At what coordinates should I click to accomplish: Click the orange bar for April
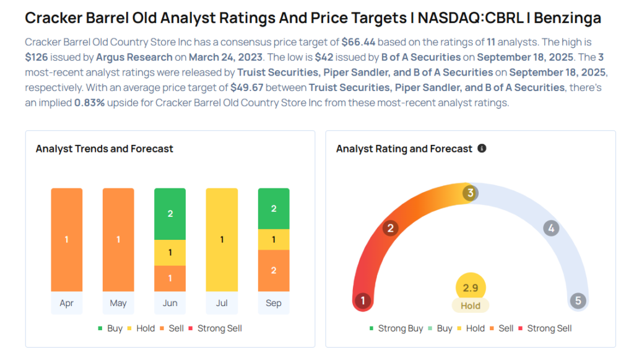(x=66, y=240)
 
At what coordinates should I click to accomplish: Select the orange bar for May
(x=118, y=240)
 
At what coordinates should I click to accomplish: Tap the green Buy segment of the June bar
(x=170, y=214)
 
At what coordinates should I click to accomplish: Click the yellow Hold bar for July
(x=222, y=240)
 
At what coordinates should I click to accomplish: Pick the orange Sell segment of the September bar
(x=273, y=271)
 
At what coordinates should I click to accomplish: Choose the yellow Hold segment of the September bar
(x=273, y=240)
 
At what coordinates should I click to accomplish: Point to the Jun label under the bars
(x=170, y=303)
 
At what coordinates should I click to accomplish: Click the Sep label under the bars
(x=273, y=303)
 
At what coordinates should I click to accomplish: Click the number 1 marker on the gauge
(x=362, y=301)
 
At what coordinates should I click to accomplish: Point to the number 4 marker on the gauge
(x=550, y=228)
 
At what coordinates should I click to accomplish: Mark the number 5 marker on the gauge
(x=578, y=301)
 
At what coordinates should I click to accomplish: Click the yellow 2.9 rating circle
(x=471, y=288)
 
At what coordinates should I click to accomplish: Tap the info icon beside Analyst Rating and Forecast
(x=482, y=149)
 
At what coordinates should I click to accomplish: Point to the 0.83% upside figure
(x=89, y=103)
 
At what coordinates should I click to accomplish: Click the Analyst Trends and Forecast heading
(x=104, y=149)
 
